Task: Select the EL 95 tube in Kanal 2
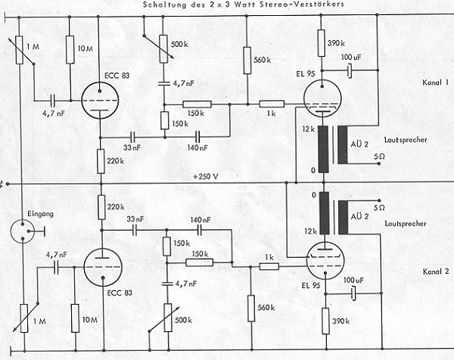[x=326, y=265]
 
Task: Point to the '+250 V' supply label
[x=205, y=176]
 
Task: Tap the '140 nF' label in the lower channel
[x=200, y=219]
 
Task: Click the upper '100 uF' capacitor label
[x=350, y=57]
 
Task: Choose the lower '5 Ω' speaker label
[x=381, y=207]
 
